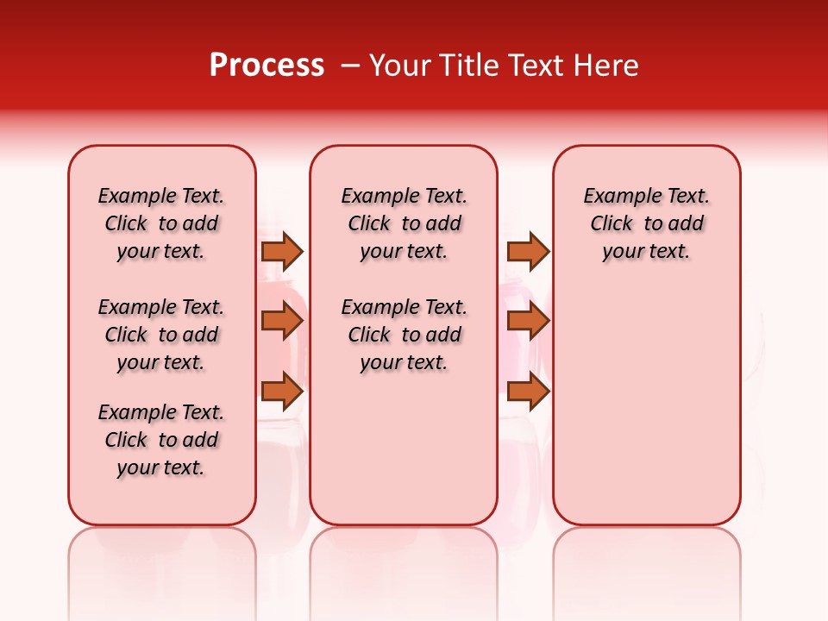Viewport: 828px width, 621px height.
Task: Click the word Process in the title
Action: [267, 66]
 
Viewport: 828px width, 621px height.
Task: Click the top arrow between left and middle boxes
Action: [282, 251]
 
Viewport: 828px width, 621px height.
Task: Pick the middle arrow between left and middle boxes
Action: [282, 321]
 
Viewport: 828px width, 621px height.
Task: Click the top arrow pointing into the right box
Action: [528, 251]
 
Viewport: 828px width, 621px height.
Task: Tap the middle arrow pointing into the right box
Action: [528, 321]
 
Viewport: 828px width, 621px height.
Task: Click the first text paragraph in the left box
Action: [161, 223]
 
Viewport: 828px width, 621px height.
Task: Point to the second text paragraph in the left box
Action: [161, 335]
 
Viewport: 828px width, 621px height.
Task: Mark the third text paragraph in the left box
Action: [161, 440]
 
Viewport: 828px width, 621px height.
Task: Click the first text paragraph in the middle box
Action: [404, 223]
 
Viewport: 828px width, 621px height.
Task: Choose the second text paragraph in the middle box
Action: [404, 335]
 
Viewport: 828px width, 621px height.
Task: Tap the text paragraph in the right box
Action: [646, 223]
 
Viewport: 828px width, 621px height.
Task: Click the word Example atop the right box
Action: [616, 197]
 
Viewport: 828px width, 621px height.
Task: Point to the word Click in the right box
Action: [612, 224]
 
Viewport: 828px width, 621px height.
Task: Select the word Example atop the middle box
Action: [373, 197]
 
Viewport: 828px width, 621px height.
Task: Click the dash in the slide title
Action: [350, 66]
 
